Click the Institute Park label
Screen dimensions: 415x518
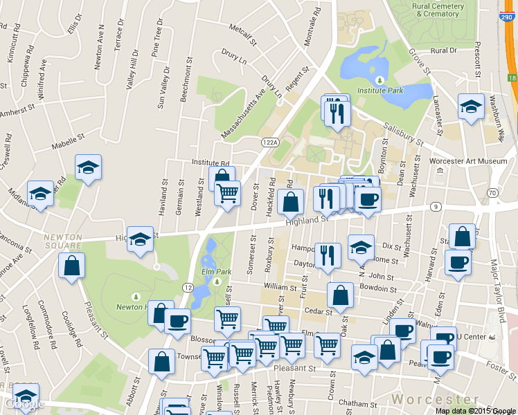pos(379,91)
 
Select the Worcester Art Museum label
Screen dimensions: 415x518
pos(469,161)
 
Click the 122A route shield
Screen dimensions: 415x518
pos(269,142)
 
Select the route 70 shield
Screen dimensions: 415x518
pos(492,192)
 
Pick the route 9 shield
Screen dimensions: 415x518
pos(436,206)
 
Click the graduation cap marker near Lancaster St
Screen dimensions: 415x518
pos(472,107)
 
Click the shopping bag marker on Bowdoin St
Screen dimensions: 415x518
pos(340,295)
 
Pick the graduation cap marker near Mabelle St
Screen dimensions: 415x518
pos(88,167)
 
